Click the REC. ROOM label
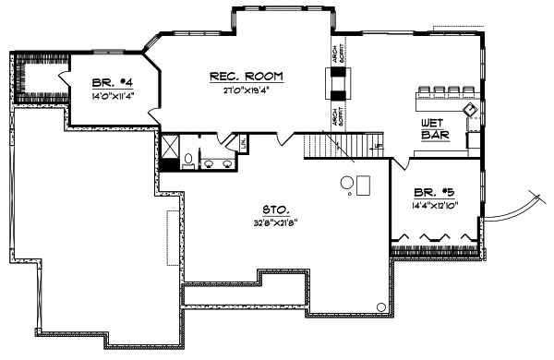click(x=246, y=76)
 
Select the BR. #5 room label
click(x=431, y=192)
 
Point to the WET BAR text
click(x=434, y=129)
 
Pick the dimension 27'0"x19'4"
click(x=246, y=90)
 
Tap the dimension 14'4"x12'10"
click(x=431, y=205)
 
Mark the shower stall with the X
click(x=171, y=144)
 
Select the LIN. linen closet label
click(x=244, y=144)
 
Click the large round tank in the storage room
click(x=349, y=182)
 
